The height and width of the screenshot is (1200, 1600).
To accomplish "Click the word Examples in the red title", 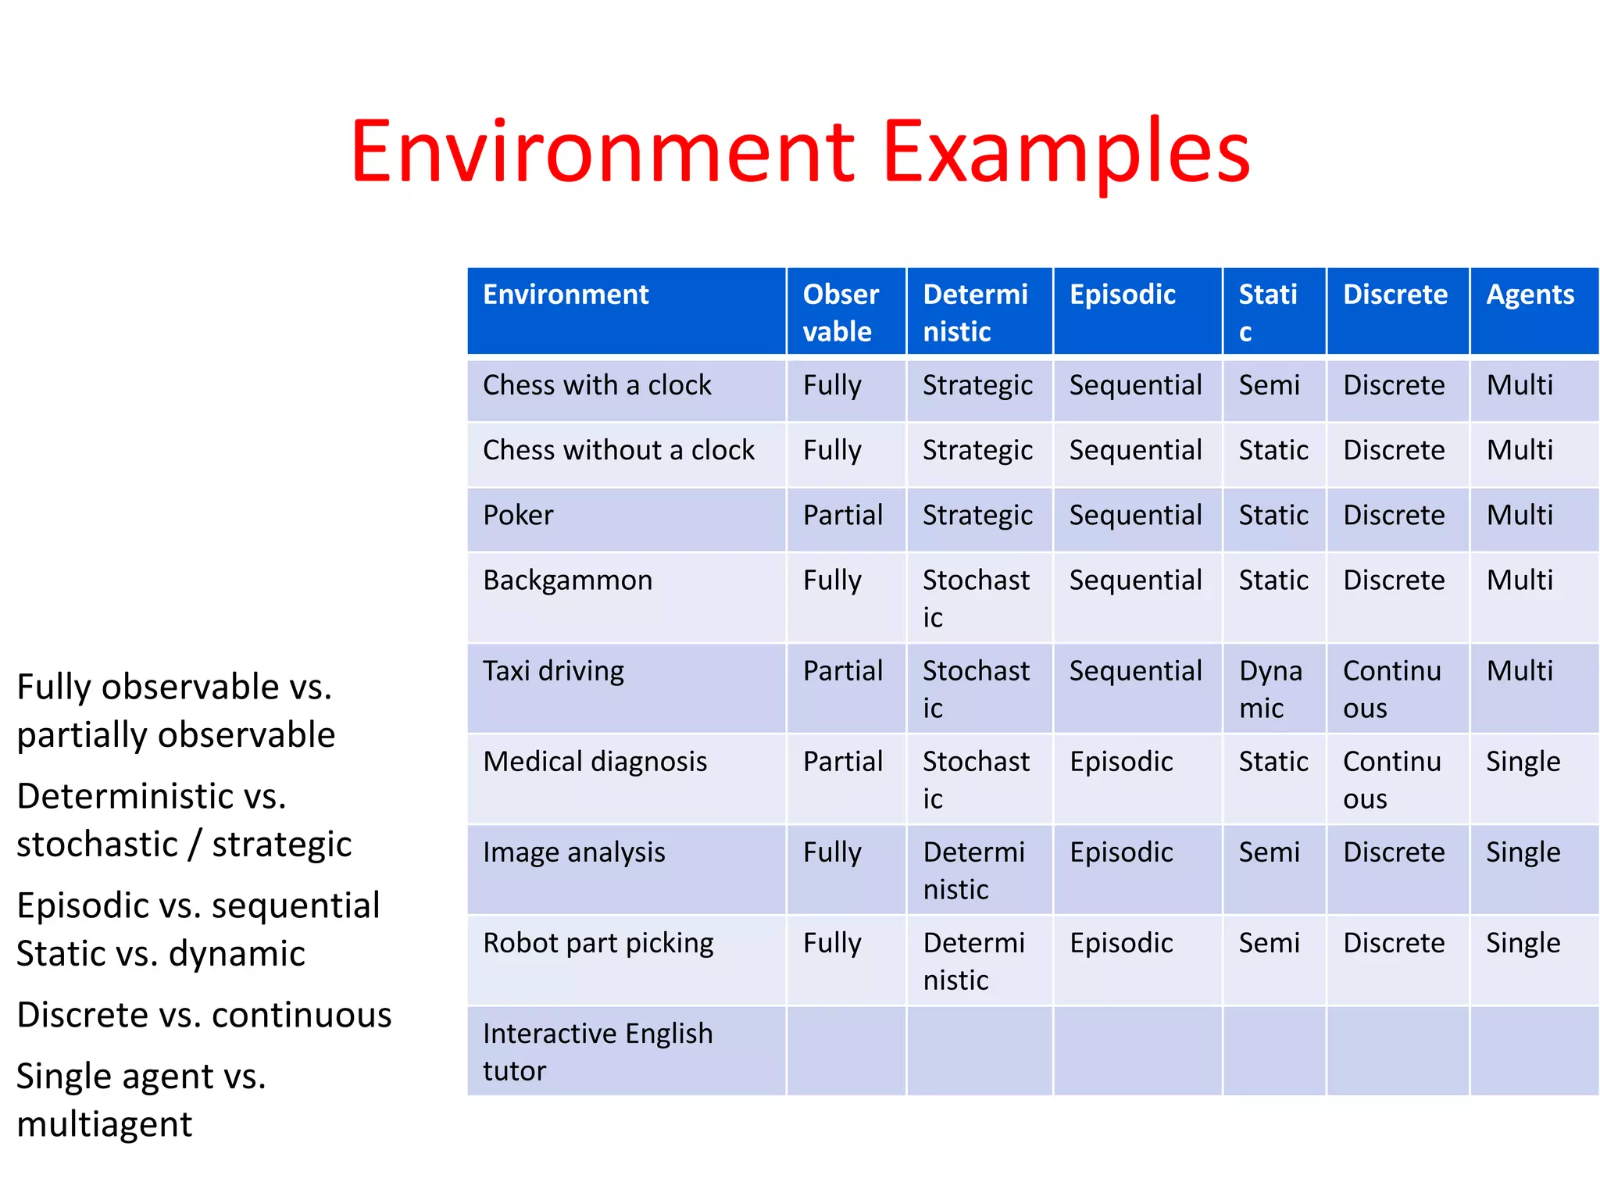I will (1066, 152).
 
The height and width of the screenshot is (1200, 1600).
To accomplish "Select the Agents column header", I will (1530, 295).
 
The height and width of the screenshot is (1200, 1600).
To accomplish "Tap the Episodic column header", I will (1122, 295).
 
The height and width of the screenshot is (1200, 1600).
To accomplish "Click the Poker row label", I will (518, 516).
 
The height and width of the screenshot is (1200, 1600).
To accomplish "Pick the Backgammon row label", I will (567, 580).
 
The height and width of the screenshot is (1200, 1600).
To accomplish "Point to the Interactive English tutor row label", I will (598, 1052).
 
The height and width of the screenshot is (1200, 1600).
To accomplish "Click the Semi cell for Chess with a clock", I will (1269, 385).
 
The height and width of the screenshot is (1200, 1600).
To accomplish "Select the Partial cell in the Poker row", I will (842, 516).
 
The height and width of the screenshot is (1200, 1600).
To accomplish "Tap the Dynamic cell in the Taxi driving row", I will (1270, 689).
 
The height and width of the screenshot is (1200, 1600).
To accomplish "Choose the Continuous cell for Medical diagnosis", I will (1391, 780).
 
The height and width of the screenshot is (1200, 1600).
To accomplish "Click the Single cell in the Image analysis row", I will (1523, 852).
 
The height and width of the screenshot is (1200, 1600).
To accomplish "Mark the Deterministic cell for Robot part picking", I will (973, 961).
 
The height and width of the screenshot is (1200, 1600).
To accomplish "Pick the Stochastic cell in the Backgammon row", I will (976, 598).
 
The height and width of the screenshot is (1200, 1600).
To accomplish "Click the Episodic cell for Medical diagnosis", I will (1121, 762).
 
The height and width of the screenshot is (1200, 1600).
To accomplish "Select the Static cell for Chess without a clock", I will (1273, 451).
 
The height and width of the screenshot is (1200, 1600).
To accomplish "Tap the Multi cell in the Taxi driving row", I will (1520, 671).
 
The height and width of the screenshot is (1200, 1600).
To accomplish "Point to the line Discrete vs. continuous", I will (204, 1016).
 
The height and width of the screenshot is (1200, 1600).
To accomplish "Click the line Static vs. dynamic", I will (161, 954).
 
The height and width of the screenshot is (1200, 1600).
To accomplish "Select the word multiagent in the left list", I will (105, 1125).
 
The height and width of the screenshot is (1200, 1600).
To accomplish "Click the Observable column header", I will (840, 312).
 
